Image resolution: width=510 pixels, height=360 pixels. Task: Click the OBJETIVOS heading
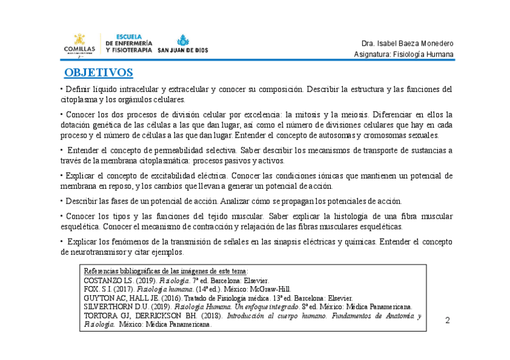[99, 73]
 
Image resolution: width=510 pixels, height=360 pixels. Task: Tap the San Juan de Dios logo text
[183, 50]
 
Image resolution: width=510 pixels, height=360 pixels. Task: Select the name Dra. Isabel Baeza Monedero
[407, 44]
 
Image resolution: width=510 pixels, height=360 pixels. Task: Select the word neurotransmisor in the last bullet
[91, 252]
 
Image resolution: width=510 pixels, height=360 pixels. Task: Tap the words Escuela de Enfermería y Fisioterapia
[129, 43]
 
